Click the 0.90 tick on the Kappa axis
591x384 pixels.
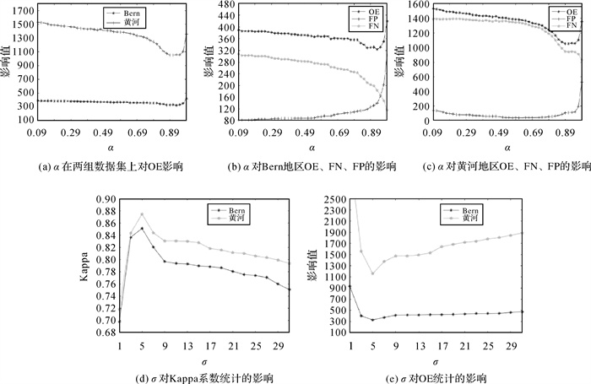[106, 199]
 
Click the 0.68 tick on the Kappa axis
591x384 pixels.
[106, 333]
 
